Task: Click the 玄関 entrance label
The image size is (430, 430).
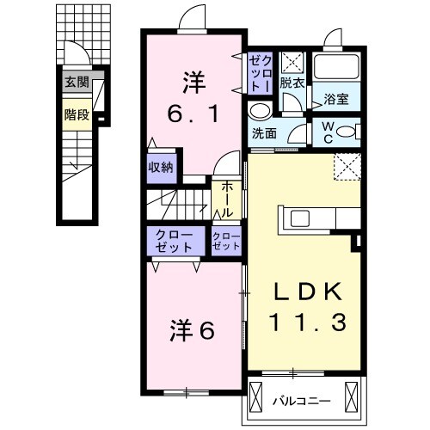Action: point(76,83)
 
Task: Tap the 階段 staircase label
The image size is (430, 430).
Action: point(77,114)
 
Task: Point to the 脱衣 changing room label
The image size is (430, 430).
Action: point(293,84)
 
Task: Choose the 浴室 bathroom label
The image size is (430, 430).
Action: point(335,100)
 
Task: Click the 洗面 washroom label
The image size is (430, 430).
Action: point(265,134)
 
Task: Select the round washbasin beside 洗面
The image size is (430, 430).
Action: point(258,112)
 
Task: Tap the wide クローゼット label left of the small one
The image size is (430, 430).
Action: point(175,239)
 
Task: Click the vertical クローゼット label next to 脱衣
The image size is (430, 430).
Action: point(260,74)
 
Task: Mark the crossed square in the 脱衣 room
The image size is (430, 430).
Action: point(293,62)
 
